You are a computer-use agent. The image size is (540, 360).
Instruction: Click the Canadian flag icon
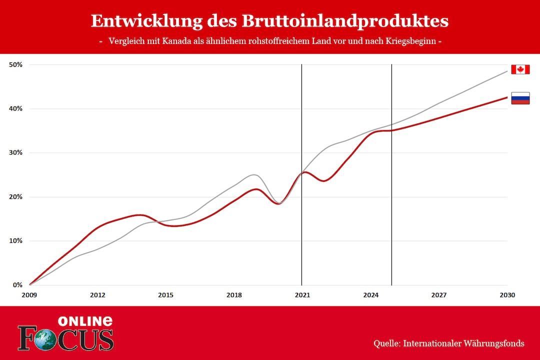click(520, 69)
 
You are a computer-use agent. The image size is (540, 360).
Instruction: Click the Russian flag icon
click(520, 98)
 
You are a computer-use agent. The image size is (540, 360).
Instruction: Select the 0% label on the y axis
click(17, 285)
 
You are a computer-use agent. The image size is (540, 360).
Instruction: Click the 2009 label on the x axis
click(29, 295)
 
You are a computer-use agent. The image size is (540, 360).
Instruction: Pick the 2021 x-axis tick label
click(302, 295)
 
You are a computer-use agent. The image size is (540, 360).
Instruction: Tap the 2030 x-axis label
click(507, 295)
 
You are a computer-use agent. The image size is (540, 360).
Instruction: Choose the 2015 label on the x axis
click(166, 295)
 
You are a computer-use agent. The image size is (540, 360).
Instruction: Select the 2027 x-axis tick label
click(439, 295)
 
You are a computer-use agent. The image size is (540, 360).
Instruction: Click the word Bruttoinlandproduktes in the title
click(345, 21)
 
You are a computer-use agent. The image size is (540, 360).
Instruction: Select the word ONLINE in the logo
click(85, 321)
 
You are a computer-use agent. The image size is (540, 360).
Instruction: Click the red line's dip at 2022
click(324, 181)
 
